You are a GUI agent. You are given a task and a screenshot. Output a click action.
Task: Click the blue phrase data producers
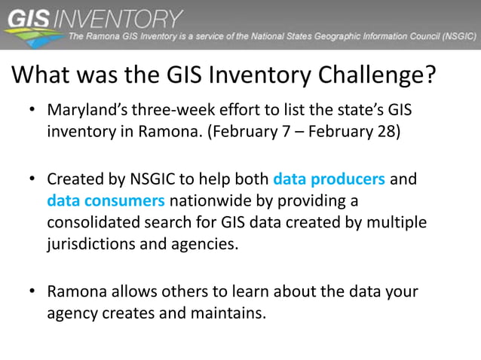[329, 181]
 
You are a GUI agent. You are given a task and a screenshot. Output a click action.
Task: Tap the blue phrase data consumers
[106, 202]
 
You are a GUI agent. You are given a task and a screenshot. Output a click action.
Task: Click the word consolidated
[96, 224]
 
